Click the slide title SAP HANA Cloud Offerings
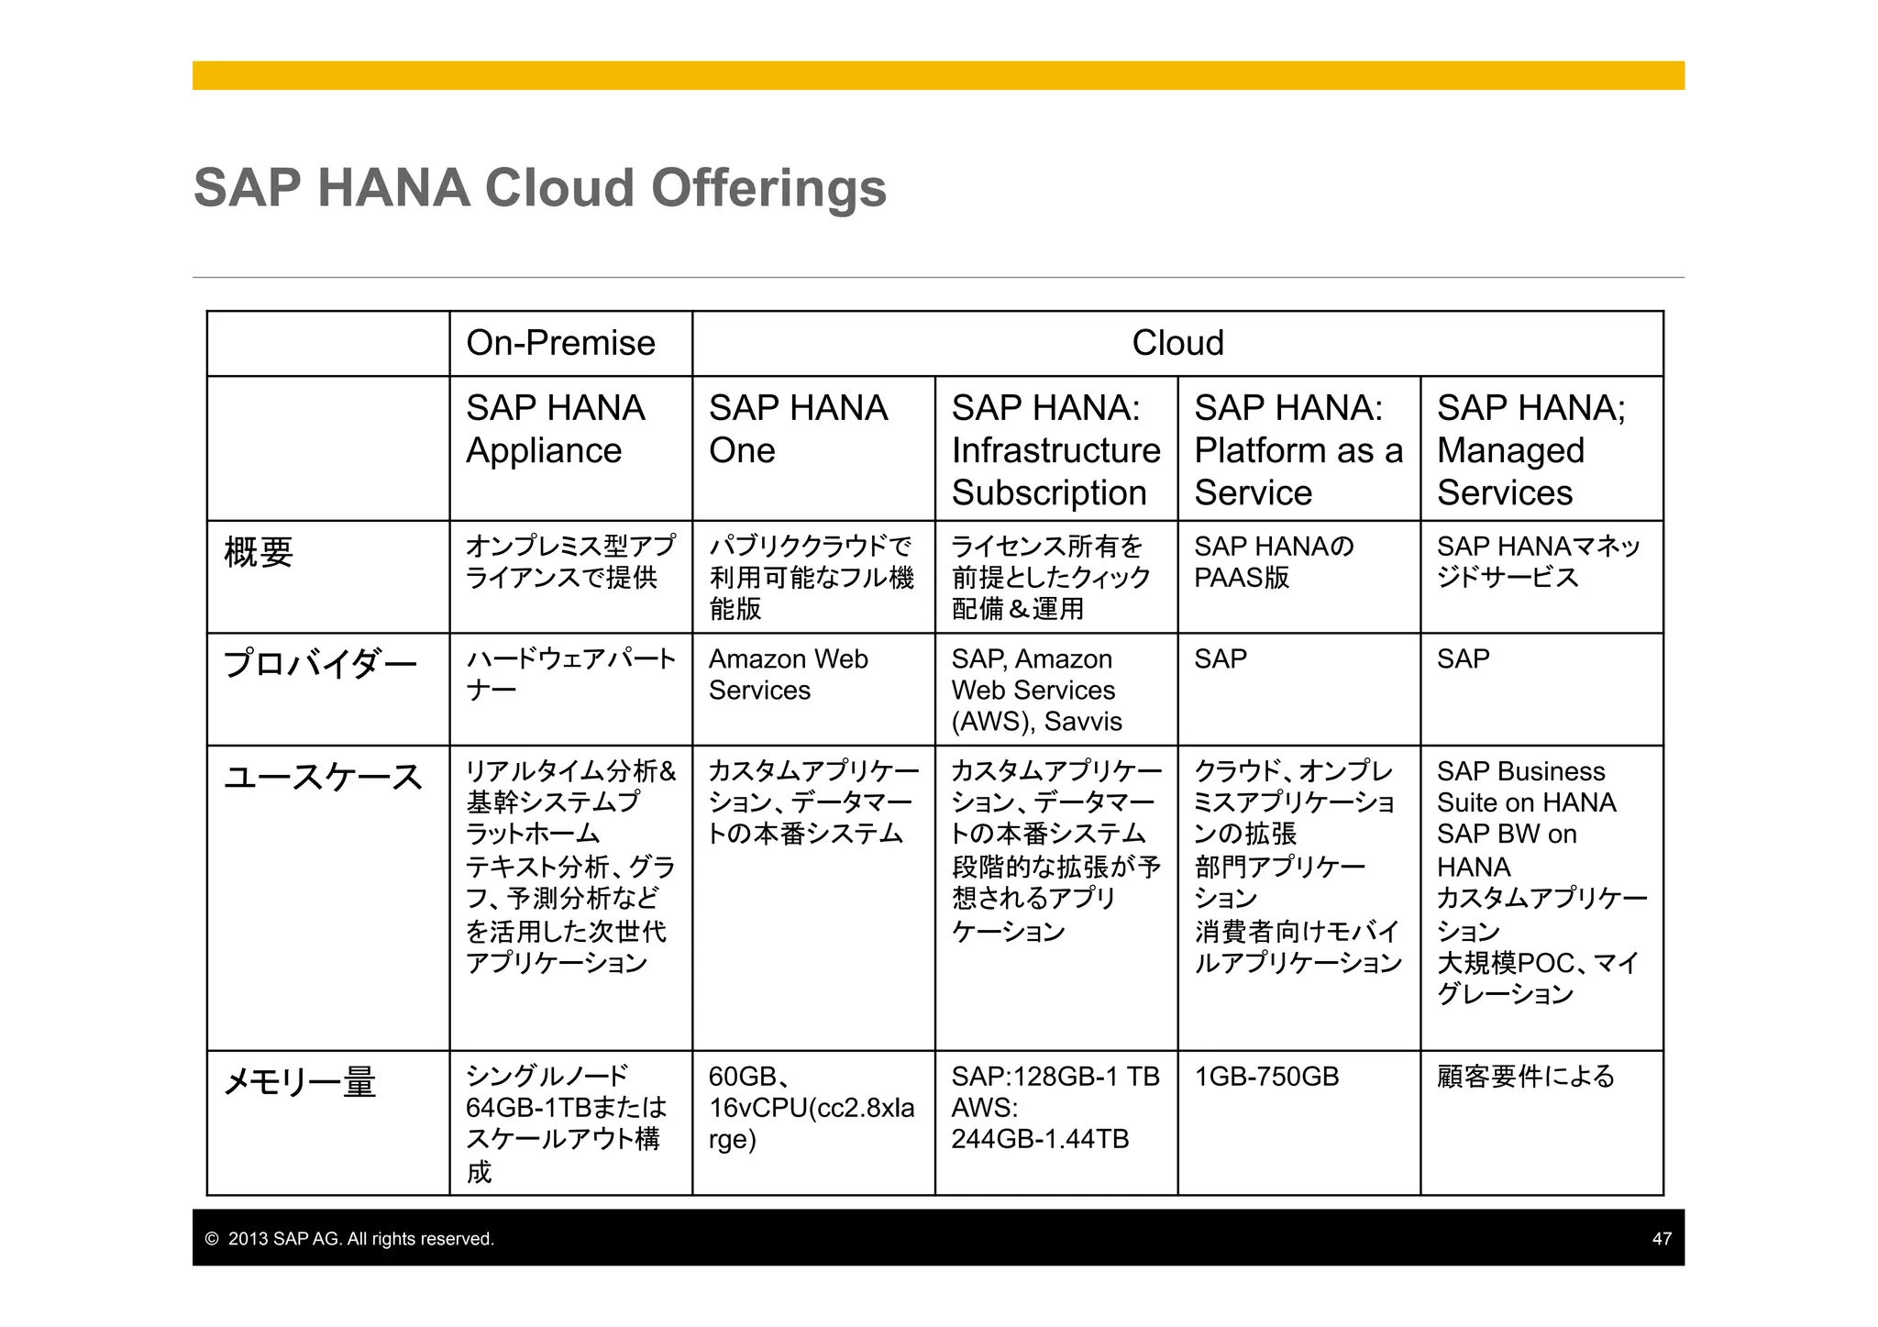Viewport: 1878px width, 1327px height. [539, 188]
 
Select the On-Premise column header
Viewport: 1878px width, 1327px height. [560, 343]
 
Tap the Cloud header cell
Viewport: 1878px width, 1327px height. [1177, 343]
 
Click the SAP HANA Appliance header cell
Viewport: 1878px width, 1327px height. [556, 429]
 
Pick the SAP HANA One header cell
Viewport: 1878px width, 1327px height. [798, 429]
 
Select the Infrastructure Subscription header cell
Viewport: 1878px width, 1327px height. [1055, 449]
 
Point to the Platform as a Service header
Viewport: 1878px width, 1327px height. [1298, 449]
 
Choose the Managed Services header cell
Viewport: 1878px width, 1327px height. [1530, 449]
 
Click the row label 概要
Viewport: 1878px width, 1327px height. [259, 552]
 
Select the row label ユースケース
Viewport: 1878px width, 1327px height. [323, 777]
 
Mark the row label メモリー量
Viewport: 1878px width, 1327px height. [300, 1083]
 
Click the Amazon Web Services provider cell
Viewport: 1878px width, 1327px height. [788, 674]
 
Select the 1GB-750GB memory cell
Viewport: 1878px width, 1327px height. [1266, 1077]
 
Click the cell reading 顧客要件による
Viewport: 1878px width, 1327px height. [1525, 1077]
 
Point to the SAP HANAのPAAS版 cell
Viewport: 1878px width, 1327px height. [1273, 562]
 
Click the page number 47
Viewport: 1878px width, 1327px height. [1662, 1239]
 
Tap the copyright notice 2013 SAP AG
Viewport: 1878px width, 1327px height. [350, 1239]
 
